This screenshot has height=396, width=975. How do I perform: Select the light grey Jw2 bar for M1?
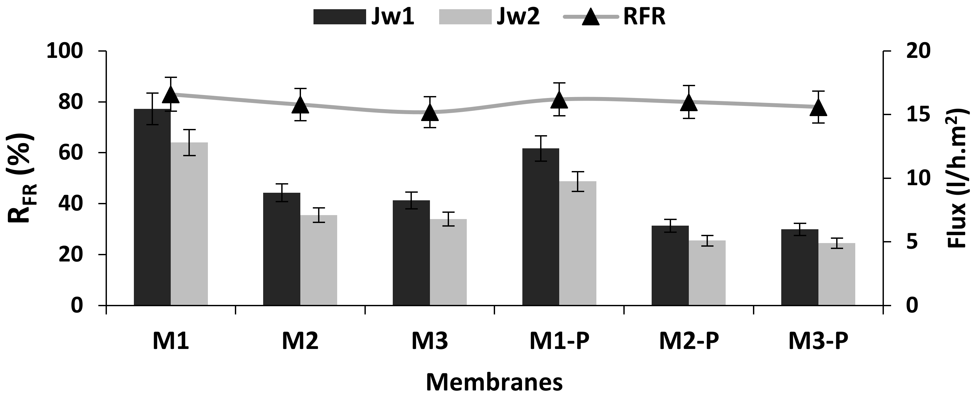tap(189, 223)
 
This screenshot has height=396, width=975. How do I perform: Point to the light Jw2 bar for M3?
tap(448, 261)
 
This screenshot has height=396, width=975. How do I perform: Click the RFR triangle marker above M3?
tap(430, 112)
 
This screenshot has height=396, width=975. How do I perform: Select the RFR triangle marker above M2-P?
tap(688, 103)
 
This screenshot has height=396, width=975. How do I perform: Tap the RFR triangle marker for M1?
tap(170, 95)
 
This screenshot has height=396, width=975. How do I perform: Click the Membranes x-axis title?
tap(494, 383)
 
